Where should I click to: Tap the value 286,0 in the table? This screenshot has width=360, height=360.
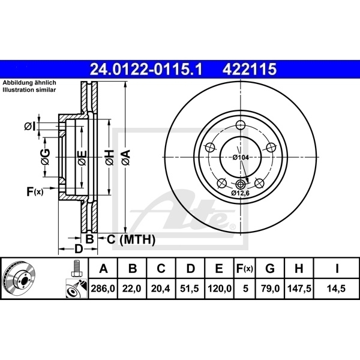pyautogui.click(x=103, y=289)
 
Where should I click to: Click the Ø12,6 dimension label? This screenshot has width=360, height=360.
pyautogui.click(x=241, y=194)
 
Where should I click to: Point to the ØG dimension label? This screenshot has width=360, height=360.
pyautogui.click(x=45, y=157)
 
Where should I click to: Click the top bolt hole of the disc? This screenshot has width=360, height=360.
pyautogui.click(x=241, y=125)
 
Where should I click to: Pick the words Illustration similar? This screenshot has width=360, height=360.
pyautogui.click(x=29, y=89)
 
